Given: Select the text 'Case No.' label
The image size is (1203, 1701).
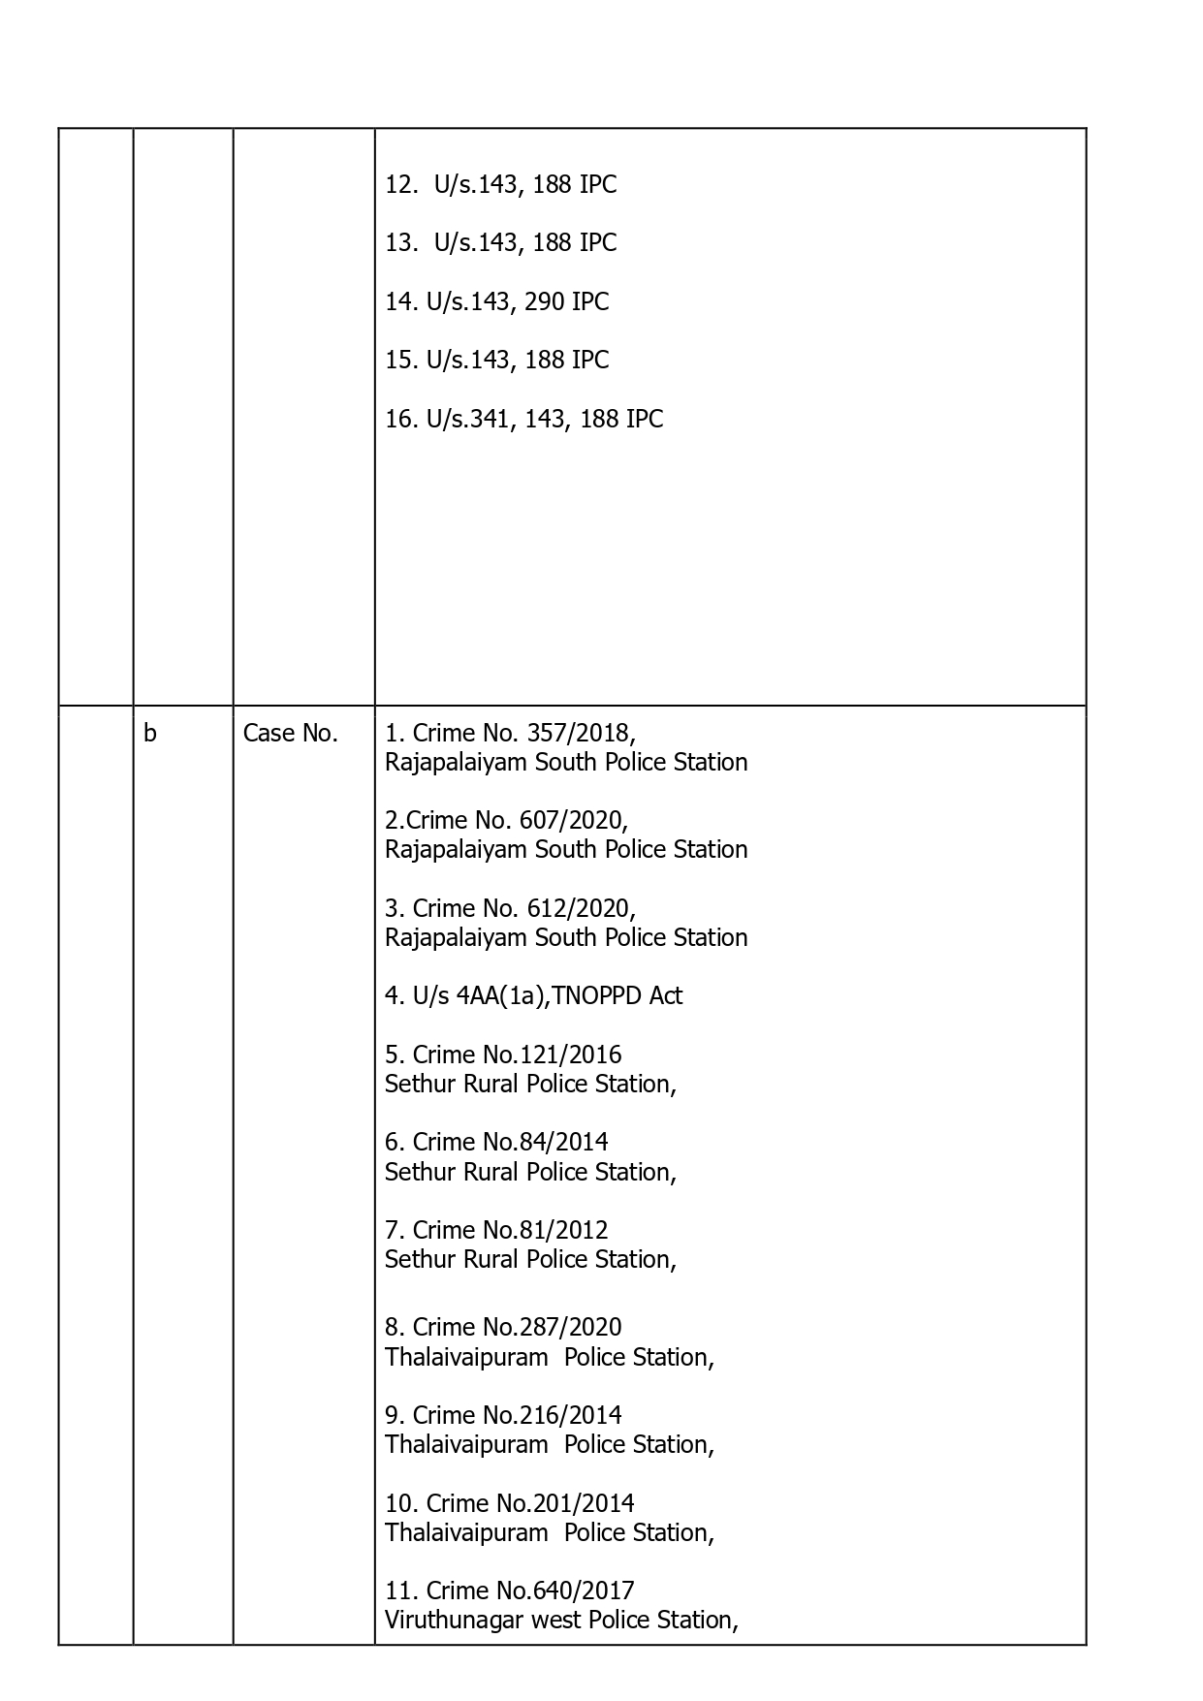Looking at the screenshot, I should coord(290,734).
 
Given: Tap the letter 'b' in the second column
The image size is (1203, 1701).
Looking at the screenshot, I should coord(150,734).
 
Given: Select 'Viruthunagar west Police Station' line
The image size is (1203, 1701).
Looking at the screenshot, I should coord(561,1621).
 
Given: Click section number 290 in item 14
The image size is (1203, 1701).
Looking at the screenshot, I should coord(544,302).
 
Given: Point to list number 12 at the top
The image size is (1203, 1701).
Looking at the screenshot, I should coord(399,185).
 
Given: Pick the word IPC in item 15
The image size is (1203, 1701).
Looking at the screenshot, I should coord(590,361).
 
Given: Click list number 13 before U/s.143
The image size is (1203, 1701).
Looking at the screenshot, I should coord(399,243).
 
